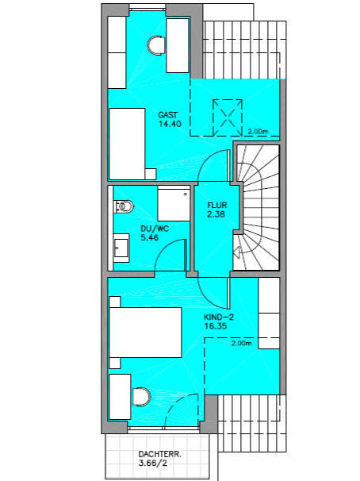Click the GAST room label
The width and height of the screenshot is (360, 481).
[167, 115]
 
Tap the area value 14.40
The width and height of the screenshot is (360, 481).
[170, 124]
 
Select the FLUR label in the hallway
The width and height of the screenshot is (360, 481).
[217, 206]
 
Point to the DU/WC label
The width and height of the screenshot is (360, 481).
[155, 229]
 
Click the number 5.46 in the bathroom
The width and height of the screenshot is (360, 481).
[150, 237]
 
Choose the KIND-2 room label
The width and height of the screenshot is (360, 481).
[219, 317]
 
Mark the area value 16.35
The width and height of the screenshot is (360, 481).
[216, 325]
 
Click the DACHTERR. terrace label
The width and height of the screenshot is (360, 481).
[160, 454]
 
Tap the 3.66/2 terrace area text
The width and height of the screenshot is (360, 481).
[153, 463]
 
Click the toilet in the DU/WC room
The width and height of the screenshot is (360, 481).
[124, 206]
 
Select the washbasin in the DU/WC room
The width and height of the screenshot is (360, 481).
[121, 248]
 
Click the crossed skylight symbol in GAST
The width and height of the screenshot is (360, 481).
[228, 117]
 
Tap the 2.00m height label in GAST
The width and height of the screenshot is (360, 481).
[258, 132]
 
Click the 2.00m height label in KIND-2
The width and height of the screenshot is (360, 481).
[241, 343]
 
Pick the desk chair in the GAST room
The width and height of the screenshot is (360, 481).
[155, 45]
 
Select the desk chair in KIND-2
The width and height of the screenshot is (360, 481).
[142, 397]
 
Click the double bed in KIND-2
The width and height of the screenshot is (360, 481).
[145, 333]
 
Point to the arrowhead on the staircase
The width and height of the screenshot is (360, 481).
[236, 252]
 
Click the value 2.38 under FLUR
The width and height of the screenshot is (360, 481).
[216, 214]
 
